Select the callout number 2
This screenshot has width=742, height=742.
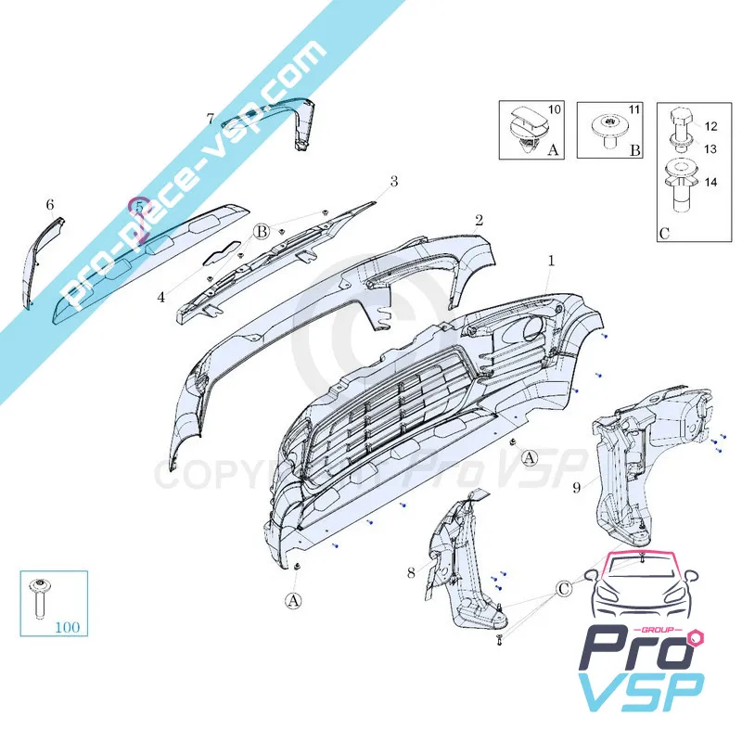pos(479,221)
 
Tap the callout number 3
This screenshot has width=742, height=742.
pos(393,182)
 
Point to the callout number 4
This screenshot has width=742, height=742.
pos(160,298)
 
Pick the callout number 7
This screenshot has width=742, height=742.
pos(211,119)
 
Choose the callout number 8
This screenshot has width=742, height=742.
pos(411,573)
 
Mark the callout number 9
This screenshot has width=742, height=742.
pos(576,485)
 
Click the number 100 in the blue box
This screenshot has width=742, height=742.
pos(67,627)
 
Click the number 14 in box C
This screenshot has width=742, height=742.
pos(710,183)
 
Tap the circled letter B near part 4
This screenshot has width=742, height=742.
pos(262,231)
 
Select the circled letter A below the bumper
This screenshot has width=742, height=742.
pos(294,600)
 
